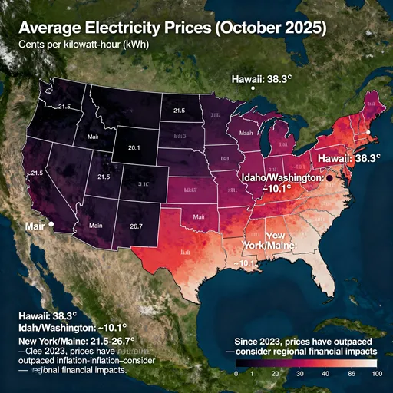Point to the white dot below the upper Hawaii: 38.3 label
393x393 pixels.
(x=252, y=89)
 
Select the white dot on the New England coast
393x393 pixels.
(x=368, y=133)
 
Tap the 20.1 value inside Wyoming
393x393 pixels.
(x=133, y=147)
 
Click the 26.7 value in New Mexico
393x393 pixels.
(x=137, y=226)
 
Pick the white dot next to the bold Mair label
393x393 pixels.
(x=50, y=225)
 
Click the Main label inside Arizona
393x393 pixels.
(x=96, y=226)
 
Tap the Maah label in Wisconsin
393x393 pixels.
(x=246, y=131)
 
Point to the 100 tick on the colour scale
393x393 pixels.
(x=375, y=372)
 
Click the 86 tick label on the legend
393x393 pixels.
(x=351, y=372)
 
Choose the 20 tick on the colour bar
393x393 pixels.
(x=273, y=372)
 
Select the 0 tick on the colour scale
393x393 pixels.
(x=236, y=372)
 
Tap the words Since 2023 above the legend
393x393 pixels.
(x=259, y=339)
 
